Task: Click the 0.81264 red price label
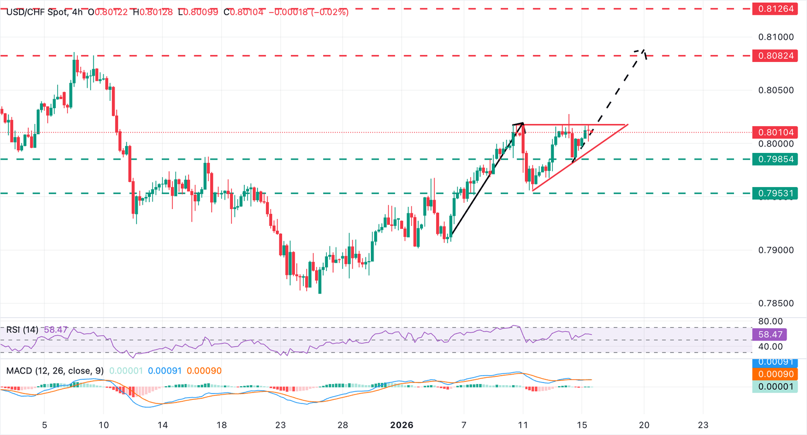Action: point(775,9)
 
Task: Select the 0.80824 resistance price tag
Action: point(775,56)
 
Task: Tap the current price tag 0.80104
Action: point(775,132)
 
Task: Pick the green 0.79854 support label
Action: point(775,159)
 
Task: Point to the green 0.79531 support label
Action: point(775,193)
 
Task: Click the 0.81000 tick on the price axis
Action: point(776,37)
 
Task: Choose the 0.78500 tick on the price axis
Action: point(776,303)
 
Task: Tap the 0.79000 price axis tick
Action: point(776,250)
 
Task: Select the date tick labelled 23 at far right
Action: point(703,425)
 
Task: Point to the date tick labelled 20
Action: point(644,425)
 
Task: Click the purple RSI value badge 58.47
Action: point(775,334)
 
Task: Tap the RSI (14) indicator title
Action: point(22,330)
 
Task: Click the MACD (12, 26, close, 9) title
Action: point(55,371)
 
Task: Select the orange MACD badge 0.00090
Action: point(775,374)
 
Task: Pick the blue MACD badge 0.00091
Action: point(775,362)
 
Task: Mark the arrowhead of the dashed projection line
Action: point(642,51)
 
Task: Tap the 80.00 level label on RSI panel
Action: point(771,321)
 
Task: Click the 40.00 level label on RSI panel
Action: point(771,347)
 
